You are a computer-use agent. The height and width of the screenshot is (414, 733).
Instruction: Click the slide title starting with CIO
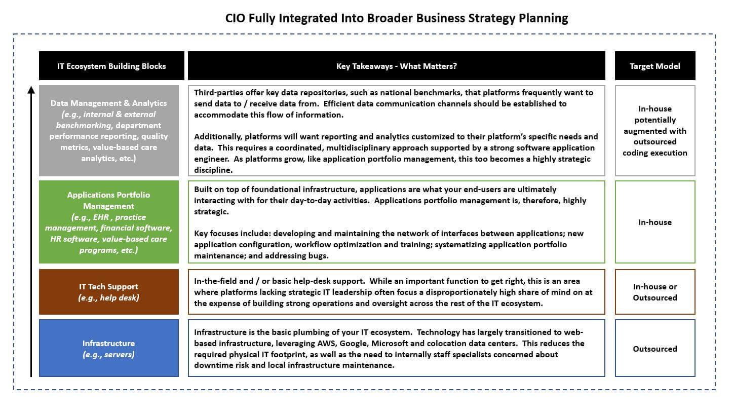[x=397, y=18]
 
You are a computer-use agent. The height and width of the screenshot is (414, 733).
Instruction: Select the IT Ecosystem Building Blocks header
[x=111, y=65]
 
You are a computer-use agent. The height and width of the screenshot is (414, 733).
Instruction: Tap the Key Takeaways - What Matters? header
[x=397, y=65]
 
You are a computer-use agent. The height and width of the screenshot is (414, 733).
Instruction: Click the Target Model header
[x=655, y=65]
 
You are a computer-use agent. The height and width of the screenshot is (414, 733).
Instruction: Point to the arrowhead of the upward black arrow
[x=31, y=89]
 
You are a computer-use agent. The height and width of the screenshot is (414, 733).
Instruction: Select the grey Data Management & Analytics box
[x=109, y=131]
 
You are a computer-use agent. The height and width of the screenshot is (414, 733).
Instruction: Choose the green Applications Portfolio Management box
[x=109, y=222]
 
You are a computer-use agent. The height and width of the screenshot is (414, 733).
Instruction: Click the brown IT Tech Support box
[x=109, y=292]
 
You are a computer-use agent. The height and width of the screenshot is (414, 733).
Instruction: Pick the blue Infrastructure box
[x=109, y=348]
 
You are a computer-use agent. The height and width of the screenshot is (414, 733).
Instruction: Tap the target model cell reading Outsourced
[x=655, y=348]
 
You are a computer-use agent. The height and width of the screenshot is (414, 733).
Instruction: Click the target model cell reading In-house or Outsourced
[x=655, y=292]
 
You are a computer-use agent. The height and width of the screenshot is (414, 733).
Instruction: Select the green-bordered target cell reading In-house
[x=655, y=222]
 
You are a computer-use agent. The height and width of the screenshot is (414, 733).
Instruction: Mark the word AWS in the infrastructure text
[x=327, y=343]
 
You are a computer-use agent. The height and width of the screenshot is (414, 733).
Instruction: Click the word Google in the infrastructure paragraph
[x=354, y=344]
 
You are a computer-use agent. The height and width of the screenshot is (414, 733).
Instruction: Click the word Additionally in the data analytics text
[x=218, y=137]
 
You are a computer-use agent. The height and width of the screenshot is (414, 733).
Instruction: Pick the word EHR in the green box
[x=101, y=217]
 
